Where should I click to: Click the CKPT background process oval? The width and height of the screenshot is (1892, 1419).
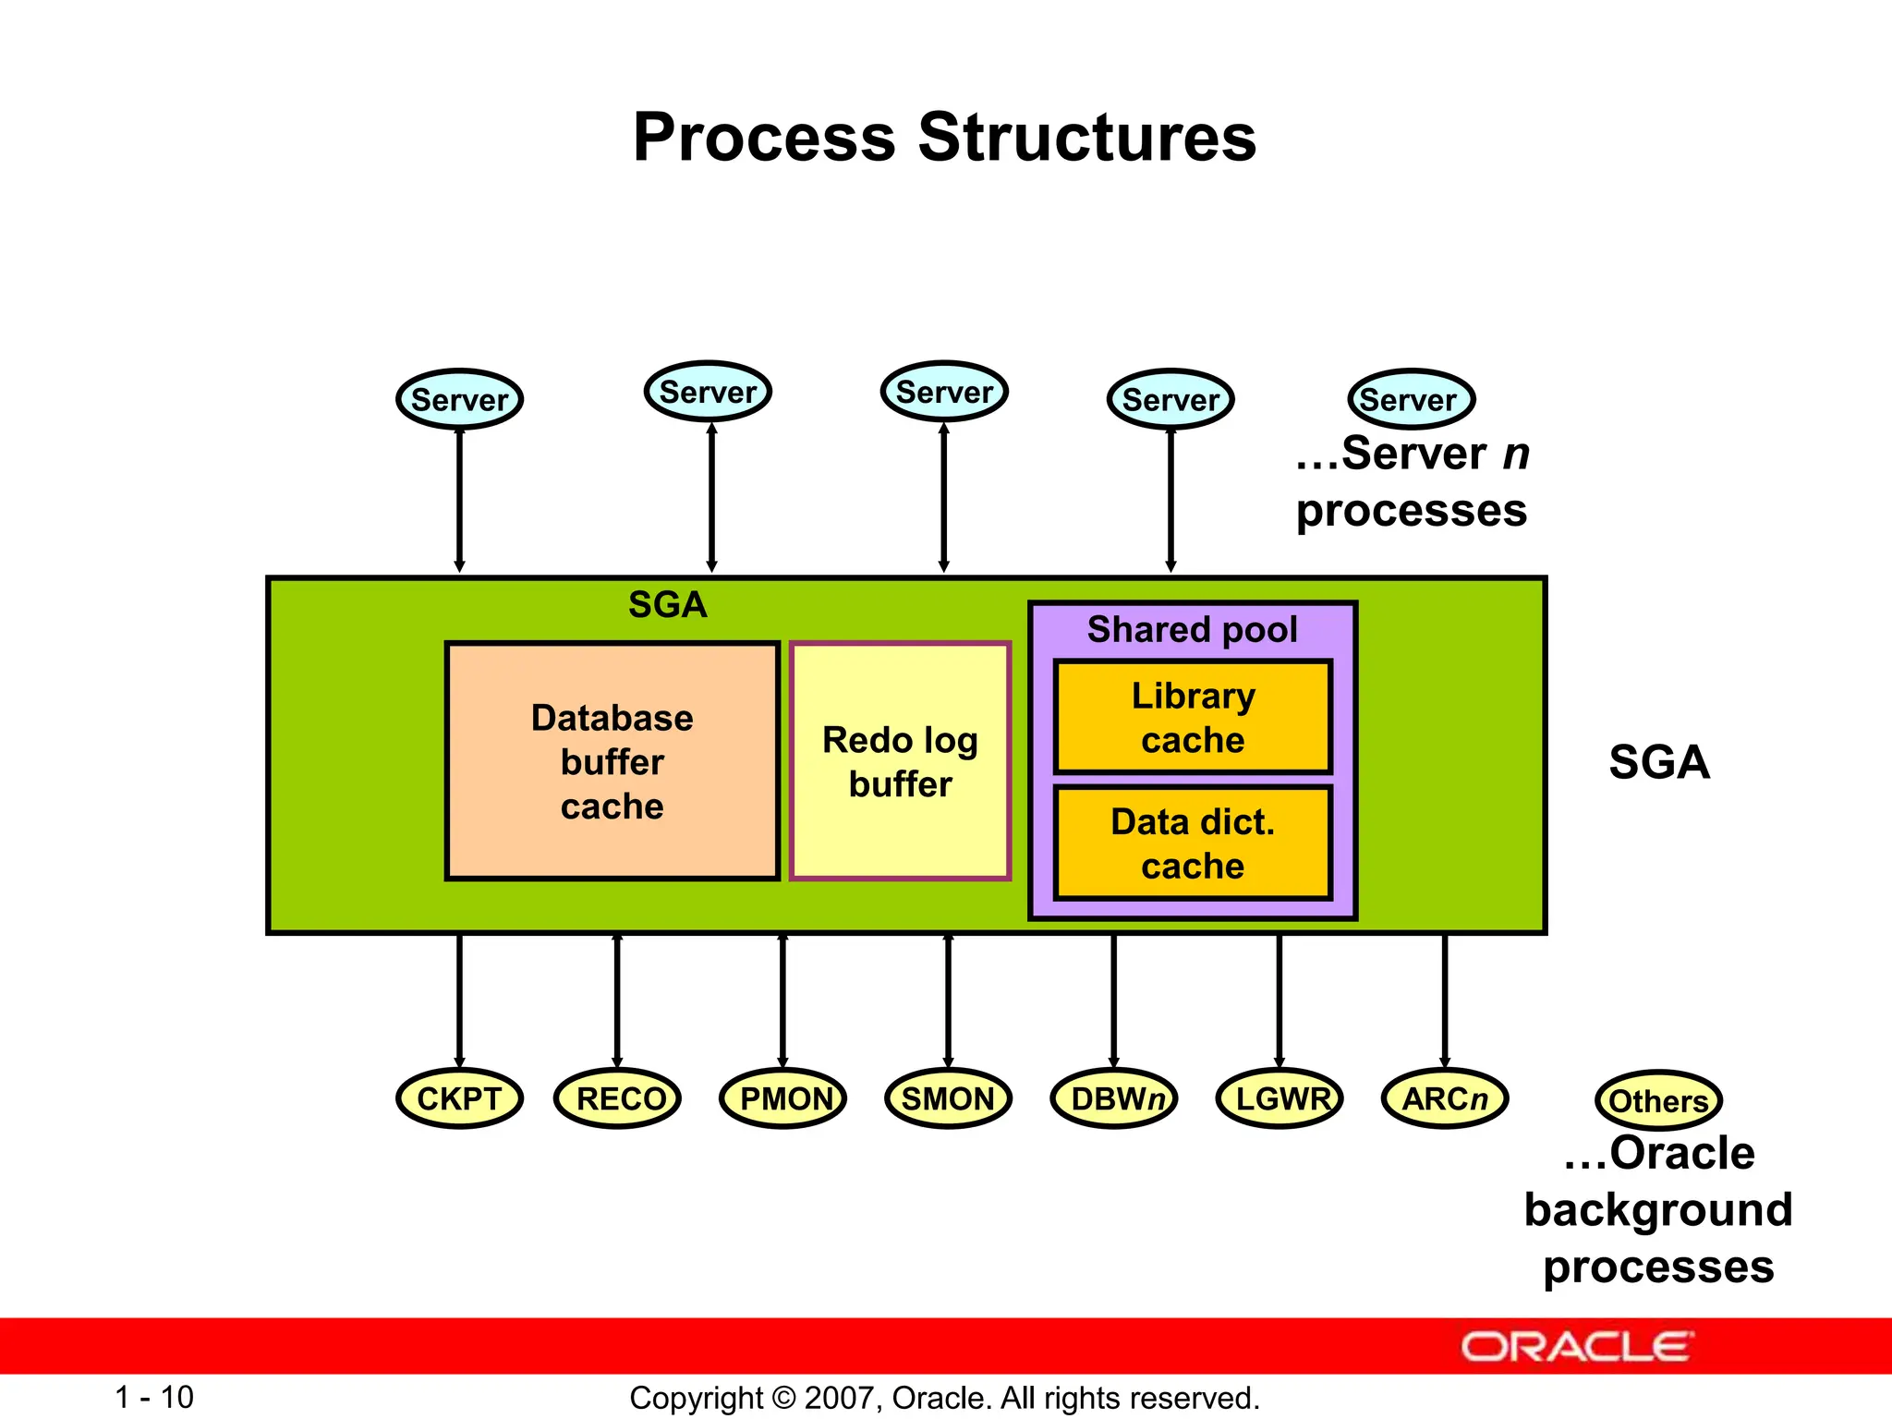pos(459,1098)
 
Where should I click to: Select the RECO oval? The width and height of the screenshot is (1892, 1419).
pos(617,1098)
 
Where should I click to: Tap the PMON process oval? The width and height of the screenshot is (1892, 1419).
pos(782,1098)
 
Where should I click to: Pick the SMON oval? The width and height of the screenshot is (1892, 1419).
pos(948,1098)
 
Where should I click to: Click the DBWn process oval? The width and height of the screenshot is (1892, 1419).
pos(1113,1098)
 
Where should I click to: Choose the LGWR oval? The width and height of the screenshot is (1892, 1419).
pos(1280,1098)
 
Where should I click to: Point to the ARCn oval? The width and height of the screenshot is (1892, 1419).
pos(1445,1098)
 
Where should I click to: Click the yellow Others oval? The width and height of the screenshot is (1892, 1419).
pos(1658,1100)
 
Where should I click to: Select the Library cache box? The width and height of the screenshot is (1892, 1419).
pos(1193,717)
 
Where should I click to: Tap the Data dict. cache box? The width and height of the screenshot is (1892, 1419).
pos(1193,843)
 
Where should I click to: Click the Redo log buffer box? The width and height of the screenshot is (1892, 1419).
pos(900,761)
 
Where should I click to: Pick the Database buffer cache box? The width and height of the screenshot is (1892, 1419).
pos(612,761)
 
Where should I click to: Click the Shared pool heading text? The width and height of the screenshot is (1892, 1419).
pos(1192,629)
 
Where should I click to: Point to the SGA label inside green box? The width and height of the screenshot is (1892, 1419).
pos(667,605)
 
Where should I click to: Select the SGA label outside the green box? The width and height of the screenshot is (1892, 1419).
pos(1659,762)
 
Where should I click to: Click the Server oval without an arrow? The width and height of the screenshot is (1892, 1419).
pos(1411,399)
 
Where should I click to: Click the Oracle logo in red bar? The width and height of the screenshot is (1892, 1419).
pos(1576,1347)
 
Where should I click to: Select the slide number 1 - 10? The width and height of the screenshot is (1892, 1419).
pos(154,1397)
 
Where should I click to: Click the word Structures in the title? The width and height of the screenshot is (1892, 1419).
pos(1086,137)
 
